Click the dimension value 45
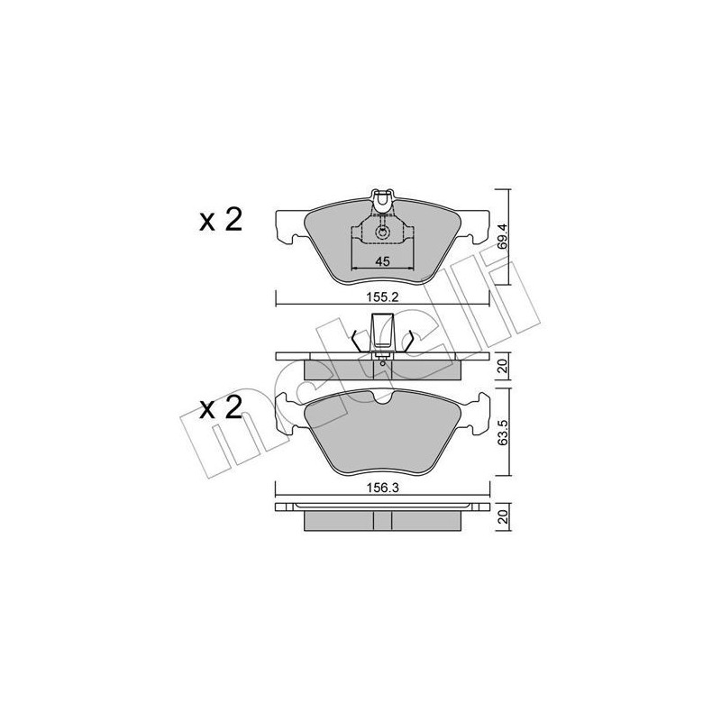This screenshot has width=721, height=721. (x=381, y=261)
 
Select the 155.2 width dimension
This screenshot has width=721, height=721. (x=381, y=294)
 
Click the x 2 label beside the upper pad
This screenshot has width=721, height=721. (x=221, y=221)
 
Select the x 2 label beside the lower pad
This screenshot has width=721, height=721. (x=221, y=408)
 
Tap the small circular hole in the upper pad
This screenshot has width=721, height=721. (x=382, y=233)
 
